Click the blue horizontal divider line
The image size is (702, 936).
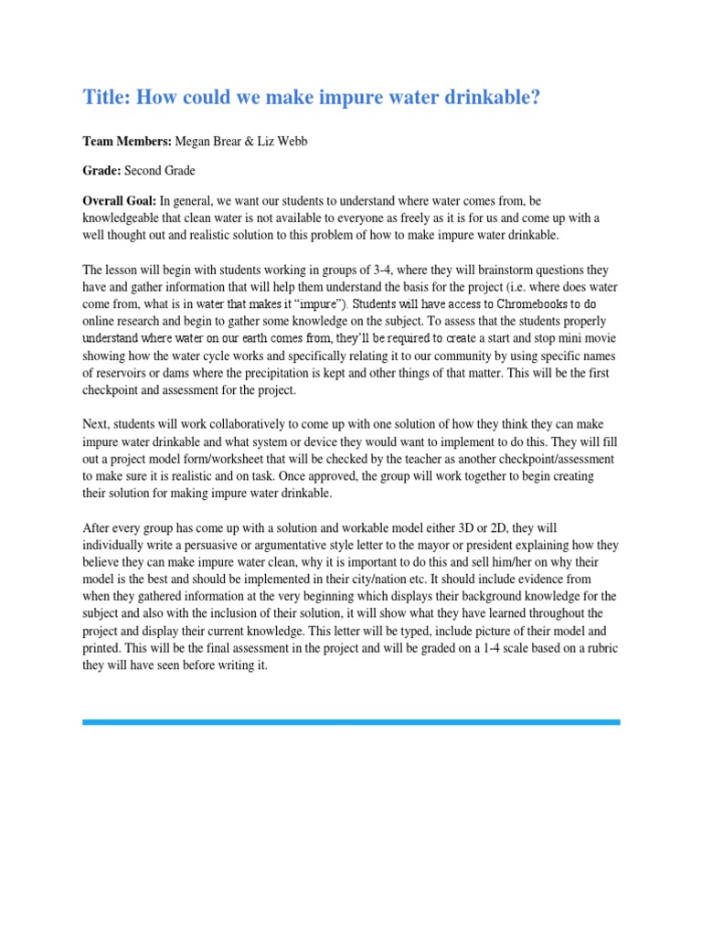pos(351,722)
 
